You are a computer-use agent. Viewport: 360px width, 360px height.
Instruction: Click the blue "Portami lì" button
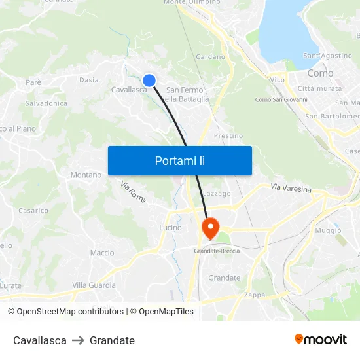(179, 160)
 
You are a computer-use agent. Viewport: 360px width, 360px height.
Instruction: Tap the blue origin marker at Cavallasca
(149, 81)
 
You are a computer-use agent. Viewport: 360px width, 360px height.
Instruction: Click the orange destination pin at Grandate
(210, 228)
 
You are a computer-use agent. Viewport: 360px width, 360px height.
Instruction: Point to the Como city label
(320, 73)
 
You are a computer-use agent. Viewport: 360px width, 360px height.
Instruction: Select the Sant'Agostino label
(328, 56)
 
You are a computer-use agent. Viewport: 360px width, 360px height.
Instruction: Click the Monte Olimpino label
(192, 3)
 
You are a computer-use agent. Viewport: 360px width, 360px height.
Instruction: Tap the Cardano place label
(210, 57)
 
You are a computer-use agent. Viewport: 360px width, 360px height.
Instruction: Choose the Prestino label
(228, 136)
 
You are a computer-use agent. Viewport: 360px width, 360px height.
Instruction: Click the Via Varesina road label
(291, 189)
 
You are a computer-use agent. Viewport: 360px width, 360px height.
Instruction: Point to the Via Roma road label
(133, 190)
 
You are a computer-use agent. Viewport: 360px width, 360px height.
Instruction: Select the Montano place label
(86, 175)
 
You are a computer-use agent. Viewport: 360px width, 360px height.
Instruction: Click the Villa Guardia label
(94, 285)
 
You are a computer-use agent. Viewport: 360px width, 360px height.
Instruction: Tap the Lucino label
(170, 228)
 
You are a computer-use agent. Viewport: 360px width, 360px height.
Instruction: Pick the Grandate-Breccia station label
(217, 251)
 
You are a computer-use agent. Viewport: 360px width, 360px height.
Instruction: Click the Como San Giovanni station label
(281, 99)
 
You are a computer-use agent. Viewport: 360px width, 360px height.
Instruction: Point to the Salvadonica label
(46, 103)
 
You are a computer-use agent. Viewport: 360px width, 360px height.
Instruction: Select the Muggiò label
(328, 230)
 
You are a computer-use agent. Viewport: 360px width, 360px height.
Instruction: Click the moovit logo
(320, 340)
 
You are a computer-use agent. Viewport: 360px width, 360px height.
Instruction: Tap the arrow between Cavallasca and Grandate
(78, 340)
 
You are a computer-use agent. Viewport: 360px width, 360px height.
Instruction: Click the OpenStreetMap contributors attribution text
(65, 312)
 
